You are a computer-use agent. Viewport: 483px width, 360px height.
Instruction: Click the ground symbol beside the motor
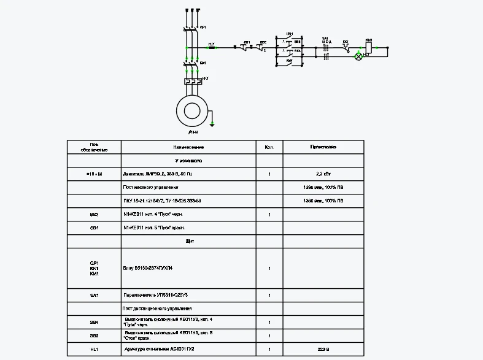coord(212,124)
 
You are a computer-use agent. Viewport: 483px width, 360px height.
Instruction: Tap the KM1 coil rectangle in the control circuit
coord(368,47)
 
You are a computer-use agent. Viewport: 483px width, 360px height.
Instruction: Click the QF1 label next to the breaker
coord(203,28)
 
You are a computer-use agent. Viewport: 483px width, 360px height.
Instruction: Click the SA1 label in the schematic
coord(325,39)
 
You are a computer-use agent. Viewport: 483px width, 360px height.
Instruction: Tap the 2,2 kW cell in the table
coord(323,174)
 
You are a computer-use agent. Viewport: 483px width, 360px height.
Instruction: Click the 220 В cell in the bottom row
coord(323,349)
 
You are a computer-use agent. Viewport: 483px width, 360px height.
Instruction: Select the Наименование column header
coord(188,147)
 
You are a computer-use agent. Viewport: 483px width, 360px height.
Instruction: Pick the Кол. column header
coord(269,147)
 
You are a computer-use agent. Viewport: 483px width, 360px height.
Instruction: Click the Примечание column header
coord(323,147)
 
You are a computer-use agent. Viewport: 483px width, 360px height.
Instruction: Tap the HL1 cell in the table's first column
coord(94,349)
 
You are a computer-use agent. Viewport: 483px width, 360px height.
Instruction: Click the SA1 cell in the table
coord(94,295)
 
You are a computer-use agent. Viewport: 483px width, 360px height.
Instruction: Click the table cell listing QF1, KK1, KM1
coord(94,268)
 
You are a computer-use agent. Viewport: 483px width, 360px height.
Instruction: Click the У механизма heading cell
coord(188,161)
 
